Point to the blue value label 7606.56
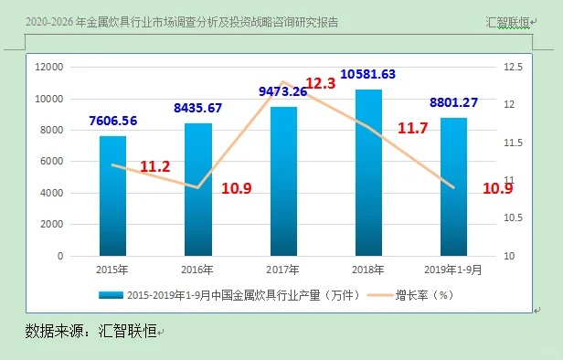[113, 121]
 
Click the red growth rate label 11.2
[155, 166]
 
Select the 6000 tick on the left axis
[51, 162]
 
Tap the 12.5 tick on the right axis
[512, 67]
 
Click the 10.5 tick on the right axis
[512, 217]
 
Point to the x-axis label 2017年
[283, 269]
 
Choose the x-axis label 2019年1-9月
[453, 269]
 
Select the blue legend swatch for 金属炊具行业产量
[111, 295]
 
